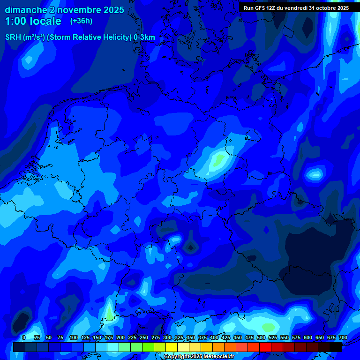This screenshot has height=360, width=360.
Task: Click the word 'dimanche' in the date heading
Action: (x=26, y=10)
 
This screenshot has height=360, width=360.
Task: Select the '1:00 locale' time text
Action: (x=33, y=21)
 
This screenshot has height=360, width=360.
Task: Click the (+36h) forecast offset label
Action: (x=81, y=21)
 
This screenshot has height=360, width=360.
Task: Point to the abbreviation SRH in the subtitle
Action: (x=13, y=37)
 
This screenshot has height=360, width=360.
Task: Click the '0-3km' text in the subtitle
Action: (x=144, y=37)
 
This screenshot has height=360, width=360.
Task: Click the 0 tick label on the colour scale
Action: (x=24, y=337)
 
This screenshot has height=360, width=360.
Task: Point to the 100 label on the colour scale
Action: (x=74, y=337)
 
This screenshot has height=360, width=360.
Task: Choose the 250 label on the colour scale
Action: (x=144, y=337)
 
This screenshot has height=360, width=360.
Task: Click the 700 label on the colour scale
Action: (x=343, y=337)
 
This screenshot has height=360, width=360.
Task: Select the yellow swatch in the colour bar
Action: (x=172, y=347)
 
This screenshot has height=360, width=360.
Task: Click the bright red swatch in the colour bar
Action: (x=265, y=347)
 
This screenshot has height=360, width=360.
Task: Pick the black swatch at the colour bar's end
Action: (x=336, y=347)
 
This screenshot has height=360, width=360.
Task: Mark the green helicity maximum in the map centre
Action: (x=218, y=160)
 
